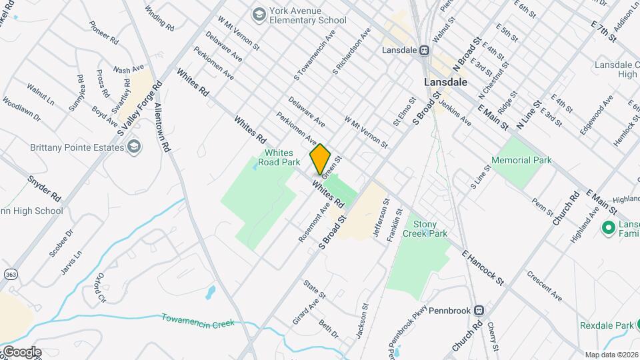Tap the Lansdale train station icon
[x=424, y=50]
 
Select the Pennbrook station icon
[x=479, y=311]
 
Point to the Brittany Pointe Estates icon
[x=135, y=147]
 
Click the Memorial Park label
[x=521, y=160]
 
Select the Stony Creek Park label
[x=430, y=229]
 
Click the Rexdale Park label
[x=605, y=326]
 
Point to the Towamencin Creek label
[x=198, y=320]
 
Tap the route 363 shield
[x=10, y=274]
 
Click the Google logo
[x=21, y=351]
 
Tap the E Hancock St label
[x=484, y=267]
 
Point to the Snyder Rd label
[x=44, y=189]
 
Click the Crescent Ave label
[x=544, y=284]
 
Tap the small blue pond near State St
[x=211, y=291]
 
